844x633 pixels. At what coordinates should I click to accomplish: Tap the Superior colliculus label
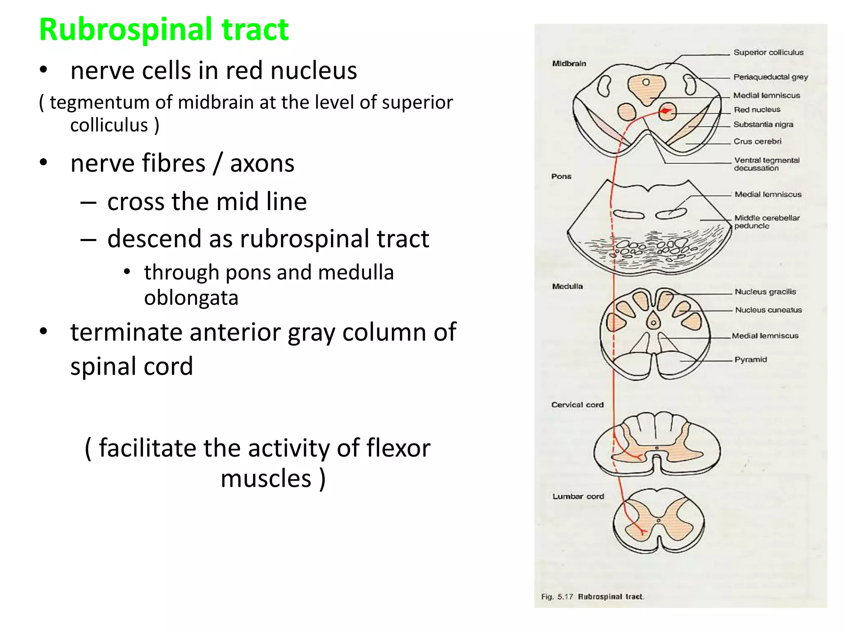(x=768, y=52)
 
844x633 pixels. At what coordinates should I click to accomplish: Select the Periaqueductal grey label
(x=770, y=77)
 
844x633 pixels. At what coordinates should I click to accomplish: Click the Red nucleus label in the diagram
(x=757, y=110)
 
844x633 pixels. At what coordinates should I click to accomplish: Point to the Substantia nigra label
(x=763, y=124)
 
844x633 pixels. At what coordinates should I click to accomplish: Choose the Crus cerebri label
(x=757, y=141)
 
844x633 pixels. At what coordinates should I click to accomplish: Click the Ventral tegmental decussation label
(x=766, y=164)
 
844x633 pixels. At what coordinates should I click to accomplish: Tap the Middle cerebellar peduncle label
(x=766, y=222)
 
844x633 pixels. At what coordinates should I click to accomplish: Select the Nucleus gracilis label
(x=765, y=292)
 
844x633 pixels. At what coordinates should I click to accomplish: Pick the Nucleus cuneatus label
(x=768, y=310)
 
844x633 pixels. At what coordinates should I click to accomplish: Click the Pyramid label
(x=750, y=359)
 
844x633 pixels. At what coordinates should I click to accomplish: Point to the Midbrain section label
(x=569, y=63)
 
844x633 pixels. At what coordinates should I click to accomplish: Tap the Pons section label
(x=561, y=176)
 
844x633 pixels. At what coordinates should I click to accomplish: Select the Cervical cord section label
(x=577, y=405)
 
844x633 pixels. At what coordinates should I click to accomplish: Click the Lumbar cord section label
(x=578, y=497)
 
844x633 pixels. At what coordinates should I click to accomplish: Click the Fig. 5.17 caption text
(x=592, y=597)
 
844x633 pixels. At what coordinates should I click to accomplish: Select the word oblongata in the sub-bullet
(x=191, y=298)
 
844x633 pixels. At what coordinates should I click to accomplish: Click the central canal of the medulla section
(x=653, y=323)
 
